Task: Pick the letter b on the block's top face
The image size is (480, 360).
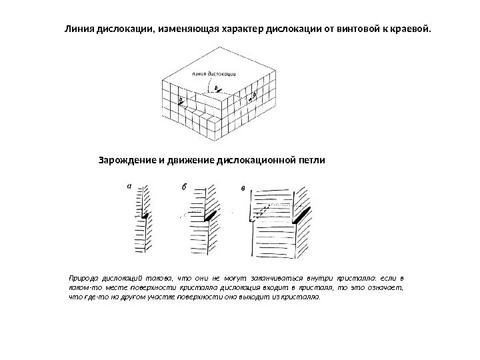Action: click(215, 87)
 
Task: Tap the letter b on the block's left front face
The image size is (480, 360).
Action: click(179, 99)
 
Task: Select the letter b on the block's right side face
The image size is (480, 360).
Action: click(254, 96)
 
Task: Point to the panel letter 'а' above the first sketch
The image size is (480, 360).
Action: click(130, 187)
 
